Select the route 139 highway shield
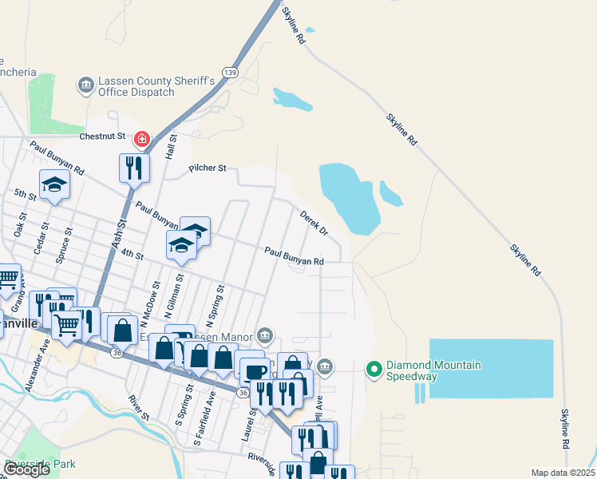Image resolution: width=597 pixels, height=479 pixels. (x=230, y=72)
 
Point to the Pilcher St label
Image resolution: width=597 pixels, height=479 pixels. (x=208, y=168)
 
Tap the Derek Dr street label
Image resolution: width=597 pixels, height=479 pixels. (x=314, y=223)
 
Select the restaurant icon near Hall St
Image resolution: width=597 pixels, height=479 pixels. (x=133, y=168)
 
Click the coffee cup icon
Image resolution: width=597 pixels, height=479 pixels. (x=255, y=371)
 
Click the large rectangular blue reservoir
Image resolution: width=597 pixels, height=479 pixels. (x=491, y=368)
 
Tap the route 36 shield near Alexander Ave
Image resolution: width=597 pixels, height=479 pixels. (x=117, y=352)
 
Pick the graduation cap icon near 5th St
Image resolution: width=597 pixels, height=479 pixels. (x=54, y=185)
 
